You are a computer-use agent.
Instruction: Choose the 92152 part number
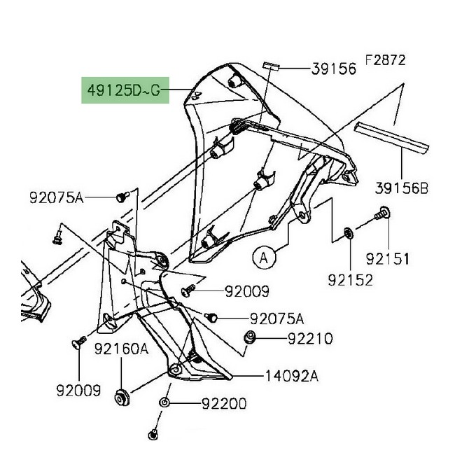click(351, 280)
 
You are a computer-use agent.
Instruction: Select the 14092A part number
click(292, 377)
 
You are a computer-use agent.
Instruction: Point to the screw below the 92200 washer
click(153, 435)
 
